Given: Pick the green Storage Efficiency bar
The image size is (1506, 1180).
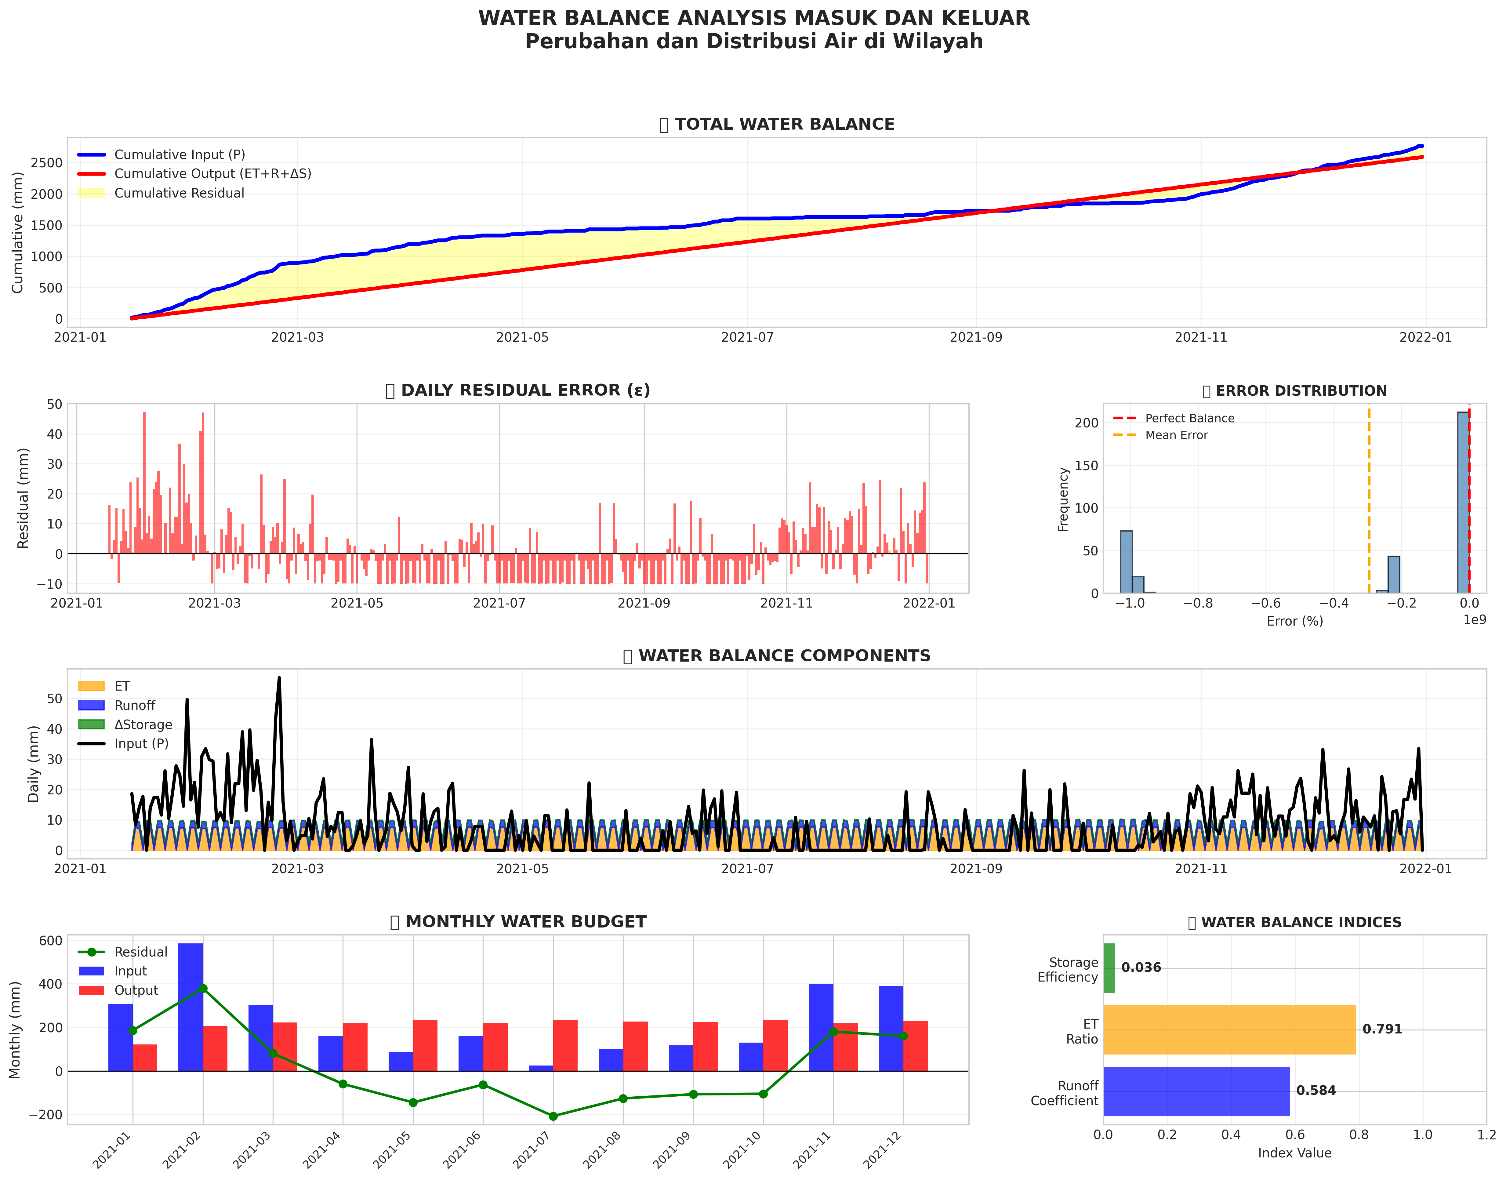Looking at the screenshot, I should pyautogui.click(x=1109, y=968).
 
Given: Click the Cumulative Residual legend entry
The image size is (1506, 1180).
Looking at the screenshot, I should pyautogui.click(x=179, y=194).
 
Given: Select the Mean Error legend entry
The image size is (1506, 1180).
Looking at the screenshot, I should pyautogui.click(x=1176, y=435).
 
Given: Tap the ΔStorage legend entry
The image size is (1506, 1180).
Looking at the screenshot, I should pyautogui.click(x=143, y=725).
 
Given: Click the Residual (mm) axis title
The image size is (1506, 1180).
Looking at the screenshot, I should pyautogui.click(x=24, y=498).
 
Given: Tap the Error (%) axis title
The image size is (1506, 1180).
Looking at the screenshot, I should pyautogui.click(x=1295, y=621).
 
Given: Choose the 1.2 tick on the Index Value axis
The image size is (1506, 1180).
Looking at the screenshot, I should pyautogui.click(x=1485, y=1135).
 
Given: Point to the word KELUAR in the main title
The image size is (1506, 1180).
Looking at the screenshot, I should pyautogui.click(x=975, y=18).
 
